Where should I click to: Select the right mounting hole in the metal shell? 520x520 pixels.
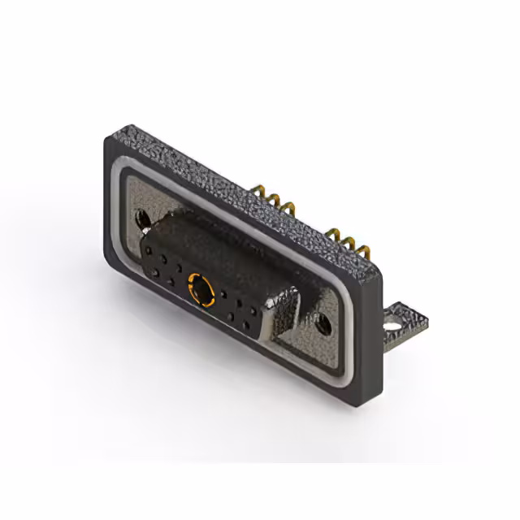tap(324, 325)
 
